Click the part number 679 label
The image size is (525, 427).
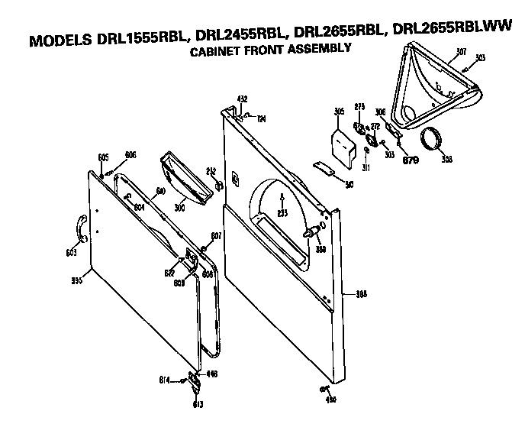tap(411, 160)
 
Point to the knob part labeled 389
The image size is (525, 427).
tap(314, 232)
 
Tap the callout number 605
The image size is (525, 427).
tap(103, 157)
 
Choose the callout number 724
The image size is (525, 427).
tap(260, 118)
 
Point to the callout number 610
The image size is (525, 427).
tap(161, 190)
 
